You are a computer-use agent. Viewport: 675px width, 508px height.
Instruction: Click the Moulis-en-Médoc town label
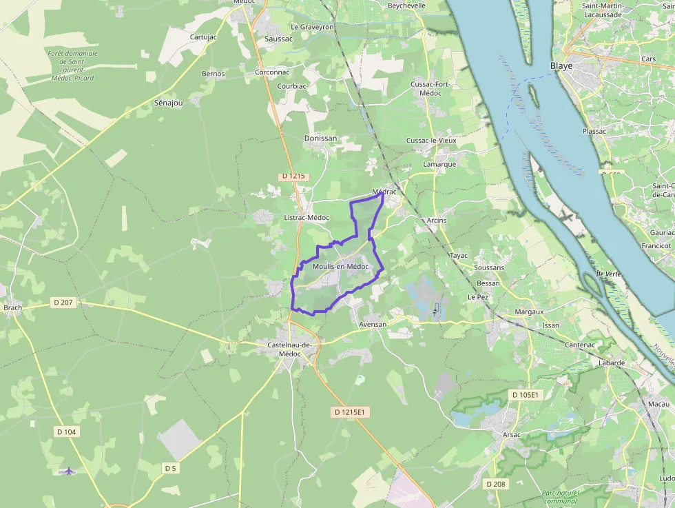[x=340, y=267]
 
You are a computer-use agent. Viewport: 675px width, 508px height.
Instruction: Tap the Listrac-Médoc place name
[x=307, y=218]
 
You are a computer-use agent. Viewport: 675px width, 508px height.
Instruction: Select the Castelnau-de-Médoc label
[x=289, y=349]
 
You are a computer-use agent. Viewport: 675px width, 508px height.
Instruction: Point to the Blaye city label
[x=561, y=66]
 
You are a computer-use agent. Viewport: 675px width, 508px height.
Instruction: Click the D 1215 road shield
[x=293, y=176]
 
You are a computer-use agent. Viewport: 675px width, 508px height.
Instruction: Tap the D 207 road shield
[x=63, y=303]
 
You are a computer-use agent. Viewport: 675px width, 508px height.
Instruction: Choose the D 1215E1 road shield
[x=351, y=412]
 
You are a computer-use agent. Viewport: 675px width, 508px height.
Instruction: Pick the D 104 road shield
[x=66, y=431]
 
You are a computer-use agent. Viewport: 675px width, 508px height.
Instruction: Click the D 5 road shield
[x=170, y=468]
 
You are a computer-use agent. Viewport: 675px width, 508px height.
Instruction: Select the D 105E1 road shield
[x=527, y=394]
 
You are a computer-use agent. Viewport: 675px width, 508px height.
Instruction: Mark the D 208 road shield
[x=495, y=484]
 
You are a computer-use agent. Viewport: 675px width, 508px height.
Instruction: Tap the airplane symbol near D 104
[x=68, y=471]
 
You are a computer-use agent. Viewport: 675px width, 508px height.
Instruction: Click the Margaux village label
[x=529, y=312]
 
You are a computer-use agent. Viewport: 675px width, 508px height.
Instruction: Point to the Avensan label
[x=373, y=324]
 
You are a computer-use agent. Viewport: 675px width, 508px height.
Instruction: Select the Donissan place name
[x=321, y=139]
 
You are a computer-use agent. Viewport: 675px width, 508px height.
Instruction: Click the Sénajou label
[x=169, y=103]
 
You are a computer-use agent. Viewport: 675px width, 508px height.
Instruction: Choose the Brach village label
[x=12, y=308]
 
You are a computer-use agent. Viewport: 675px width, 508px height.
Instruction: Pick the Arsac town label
[x=512, y=435]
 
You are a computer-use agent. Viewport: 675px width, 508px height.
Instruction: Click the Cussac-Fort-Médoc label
[x=430, y=88]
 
